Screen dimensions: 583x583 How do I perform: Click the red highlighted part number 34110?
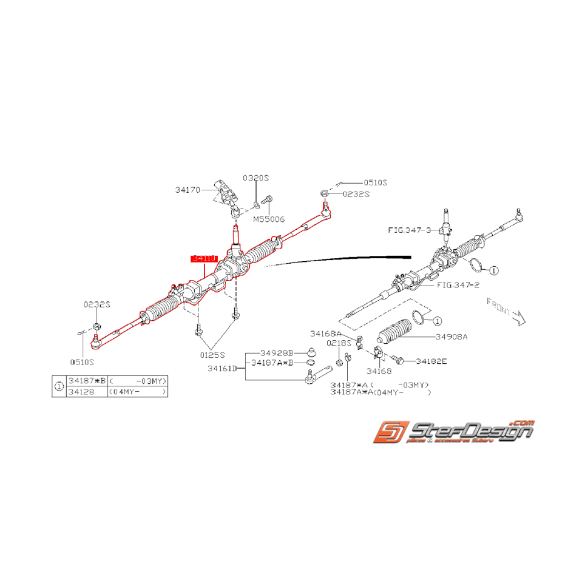coord(204,259)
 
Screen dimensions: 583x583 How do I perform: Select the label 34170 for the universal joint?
coord(187,189)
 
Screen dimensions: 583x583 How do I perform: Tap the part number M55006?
coord(269,220)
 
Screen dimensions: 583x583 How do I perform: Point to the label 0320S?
coord(255,178)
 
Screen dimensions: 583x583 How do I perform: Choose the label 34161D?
coord(222,369)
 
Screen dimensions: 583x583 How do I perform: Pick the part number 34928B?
coord(276,353)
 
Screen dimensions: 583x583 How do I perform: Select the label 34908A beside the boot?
coord(451,336)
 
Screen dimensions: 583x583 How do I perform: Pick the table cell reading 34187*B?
coord(87,381)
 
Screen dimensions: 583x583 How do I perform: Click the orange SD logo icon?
coord(388,433)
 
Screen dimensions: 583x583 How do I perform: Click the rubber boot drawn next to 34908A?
coord(396,335)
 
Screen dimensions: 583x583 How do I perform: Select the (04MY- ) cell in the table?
coord(138,391)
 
